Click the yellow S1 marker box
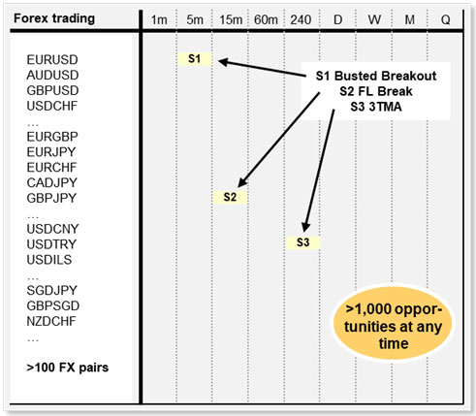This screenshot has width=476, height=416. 195,59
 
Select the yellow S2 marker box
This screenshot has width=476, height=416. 230,197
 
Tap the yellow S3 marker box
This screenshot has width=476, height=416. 302,242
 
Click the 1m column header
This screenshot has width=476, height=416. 159,20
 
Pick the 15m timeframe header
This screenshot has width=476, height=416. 231,20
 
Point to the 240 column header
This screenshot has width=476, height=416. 301,20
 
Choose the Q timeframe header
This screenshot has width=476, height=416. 446,20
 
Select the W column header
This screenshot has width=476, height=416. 374,20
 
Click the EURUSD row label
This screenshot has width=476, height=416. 52,60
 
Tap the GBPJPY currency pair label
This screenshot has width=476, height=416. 51,198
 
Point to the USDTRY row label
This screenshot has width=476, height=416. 51,244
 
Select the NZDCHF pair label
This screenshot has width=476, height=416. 51,321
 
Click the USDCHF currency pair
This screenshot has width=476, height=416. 52,106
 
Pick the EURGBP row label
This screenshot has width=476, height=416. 52,137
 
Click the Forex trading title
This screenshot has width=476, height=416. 54,18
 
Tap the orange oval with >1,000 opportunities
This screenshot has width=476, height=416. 393,326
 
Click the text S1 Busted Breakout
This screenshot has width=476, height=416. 376,76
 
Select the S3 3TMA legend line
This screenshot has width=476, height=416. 376,107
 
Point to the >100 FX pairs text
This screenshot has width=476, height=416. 68,368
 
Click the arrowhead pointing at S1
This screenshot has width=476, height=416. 223,62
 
